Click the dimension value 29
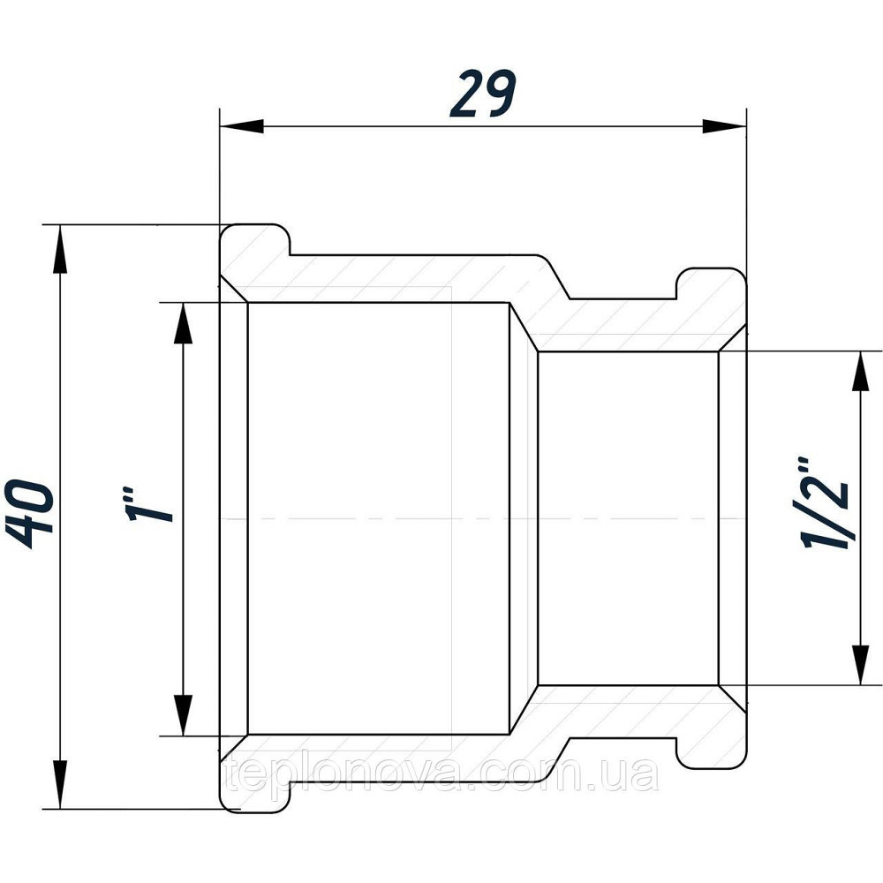click(483, 94)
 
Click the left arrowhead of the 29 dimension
click(242, 126)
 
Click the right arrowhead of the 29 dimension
click(724, 126)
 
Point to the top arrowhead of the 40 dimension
click(59, 248)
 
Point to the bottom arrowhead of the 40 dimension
click(59, 786)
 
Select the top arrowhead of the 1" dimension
click(183, 324)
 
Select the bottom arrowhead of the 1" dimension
click(183, 715)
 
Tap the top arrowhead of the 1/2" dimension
click(860, 373)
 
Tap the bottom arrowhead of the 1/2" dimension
click(860, 665)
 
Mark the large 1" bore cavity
click(379, 518)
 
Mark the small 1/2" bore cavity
click(628, 518)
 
